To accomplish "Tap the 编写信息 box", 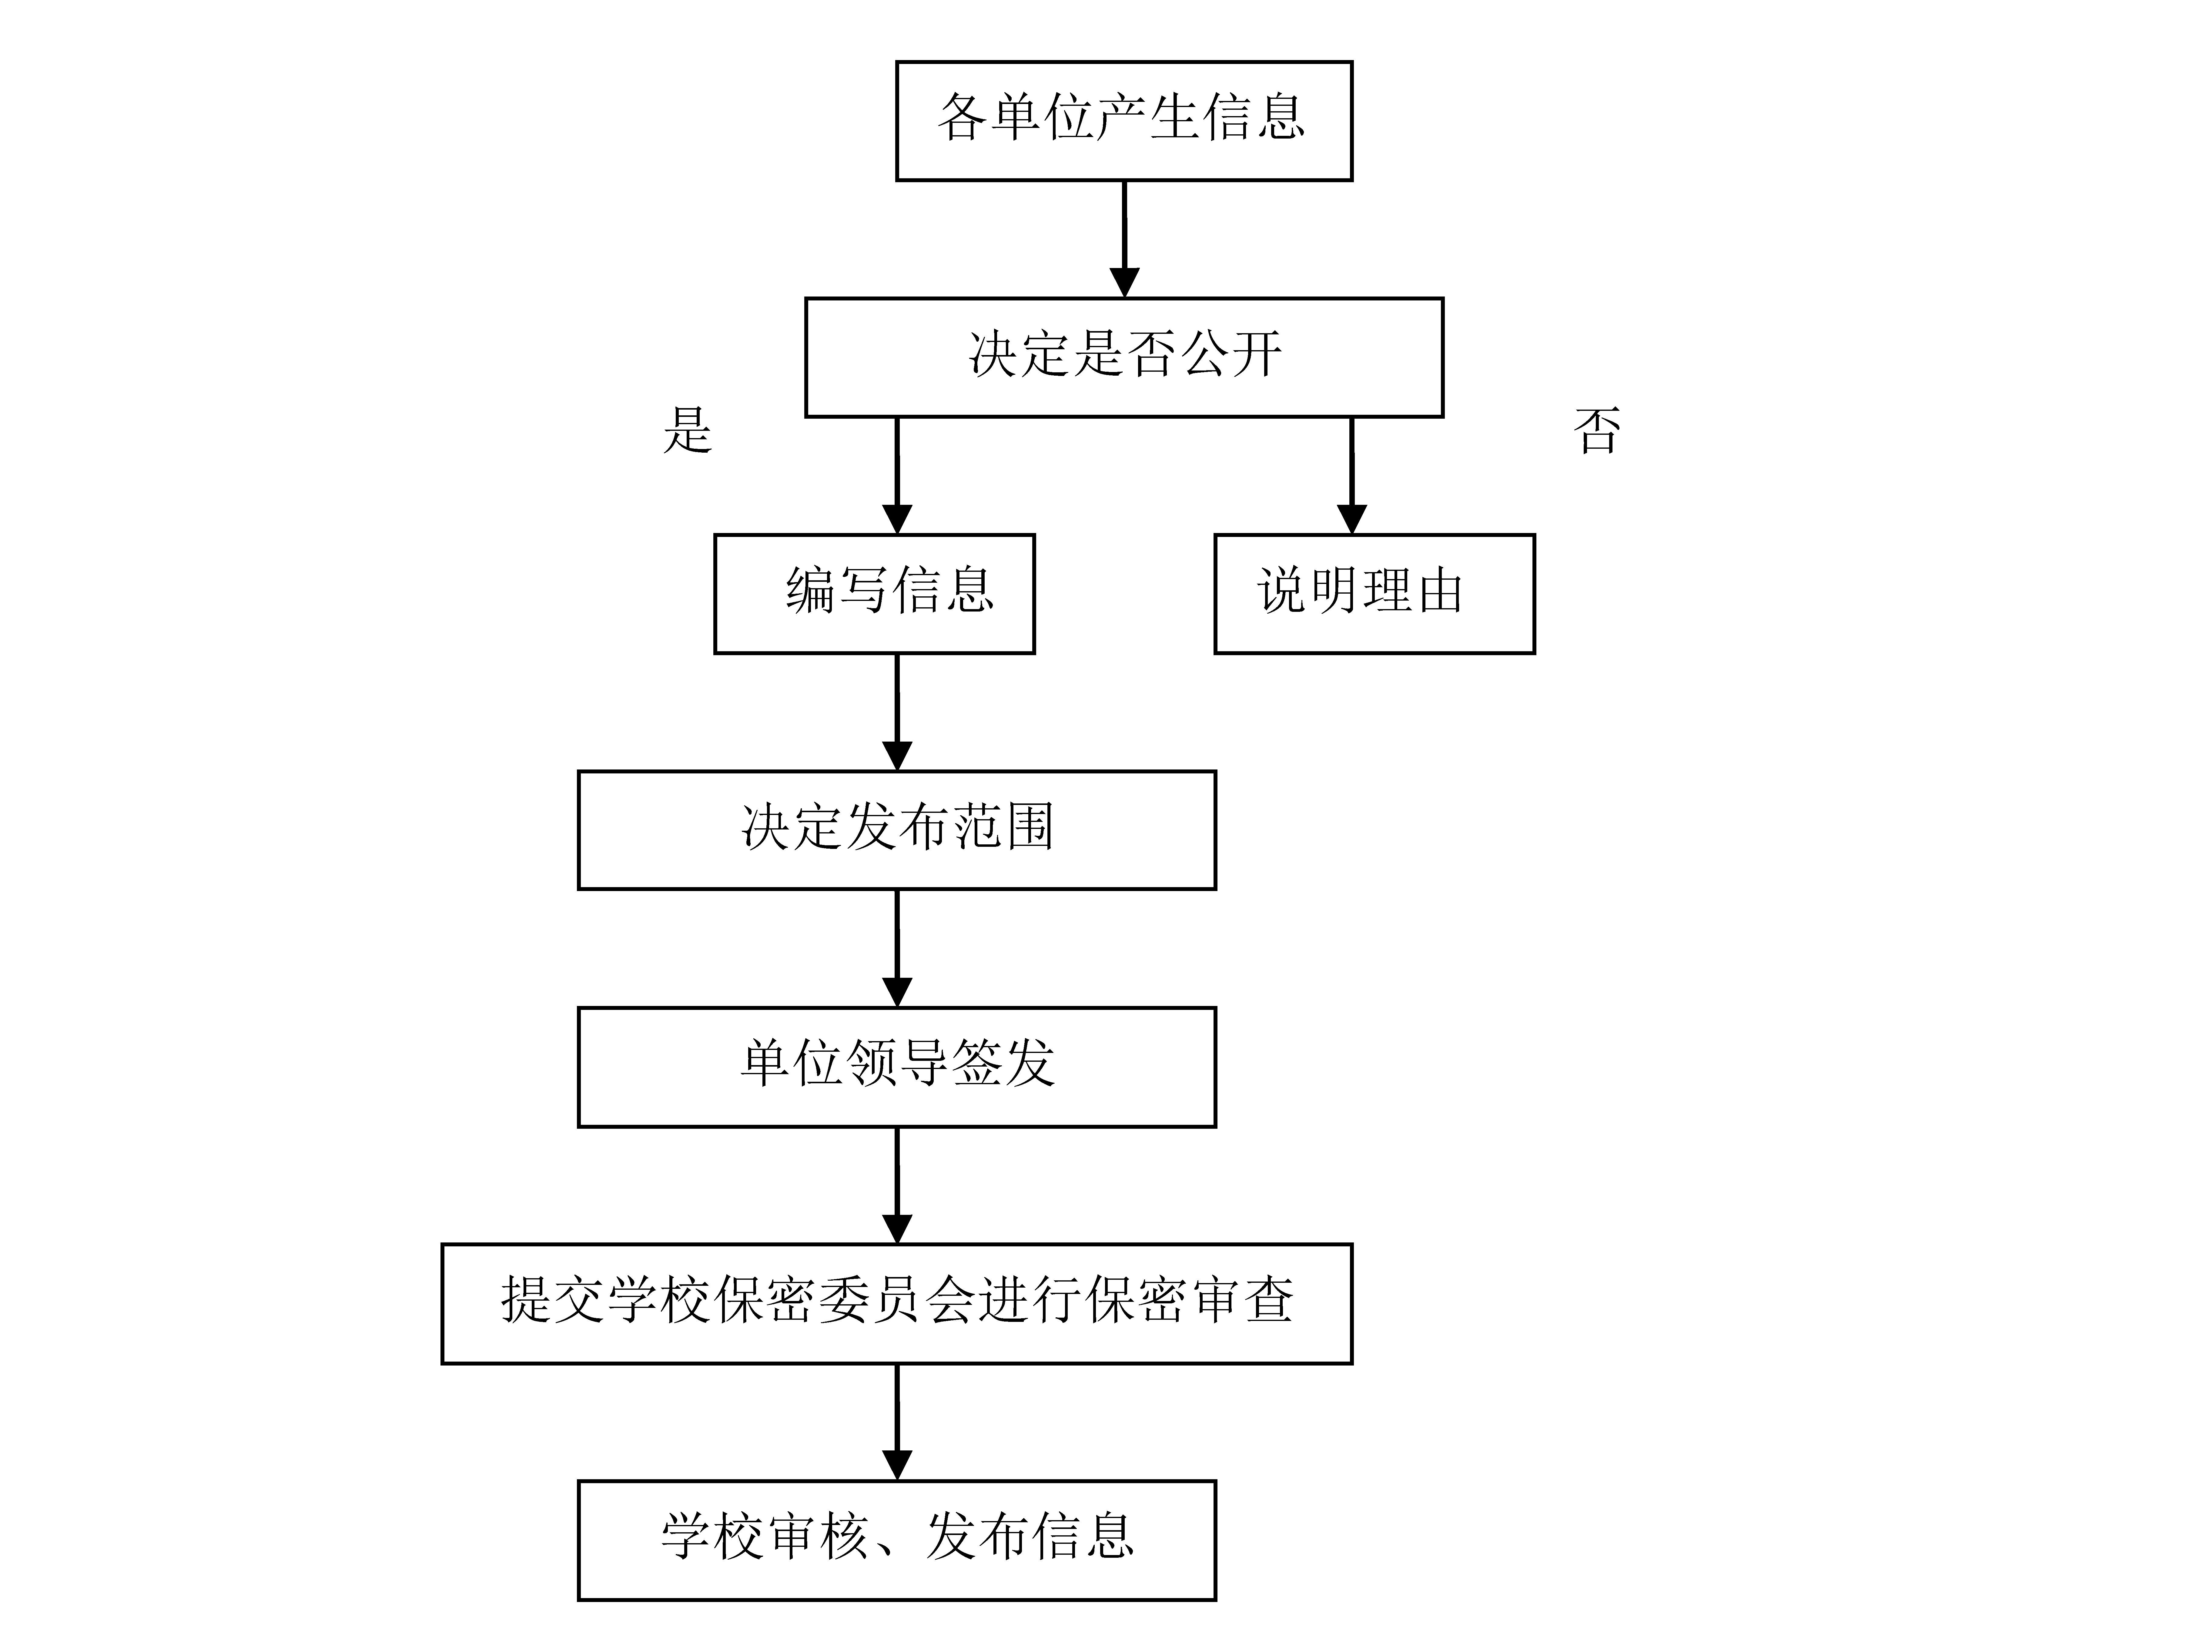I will click(x=874, y=594).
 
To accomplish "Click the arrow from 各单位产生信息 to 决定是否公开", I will click(x=1124, y=239).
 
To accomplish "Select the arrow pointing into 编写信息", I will click(x=897, y=475).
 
